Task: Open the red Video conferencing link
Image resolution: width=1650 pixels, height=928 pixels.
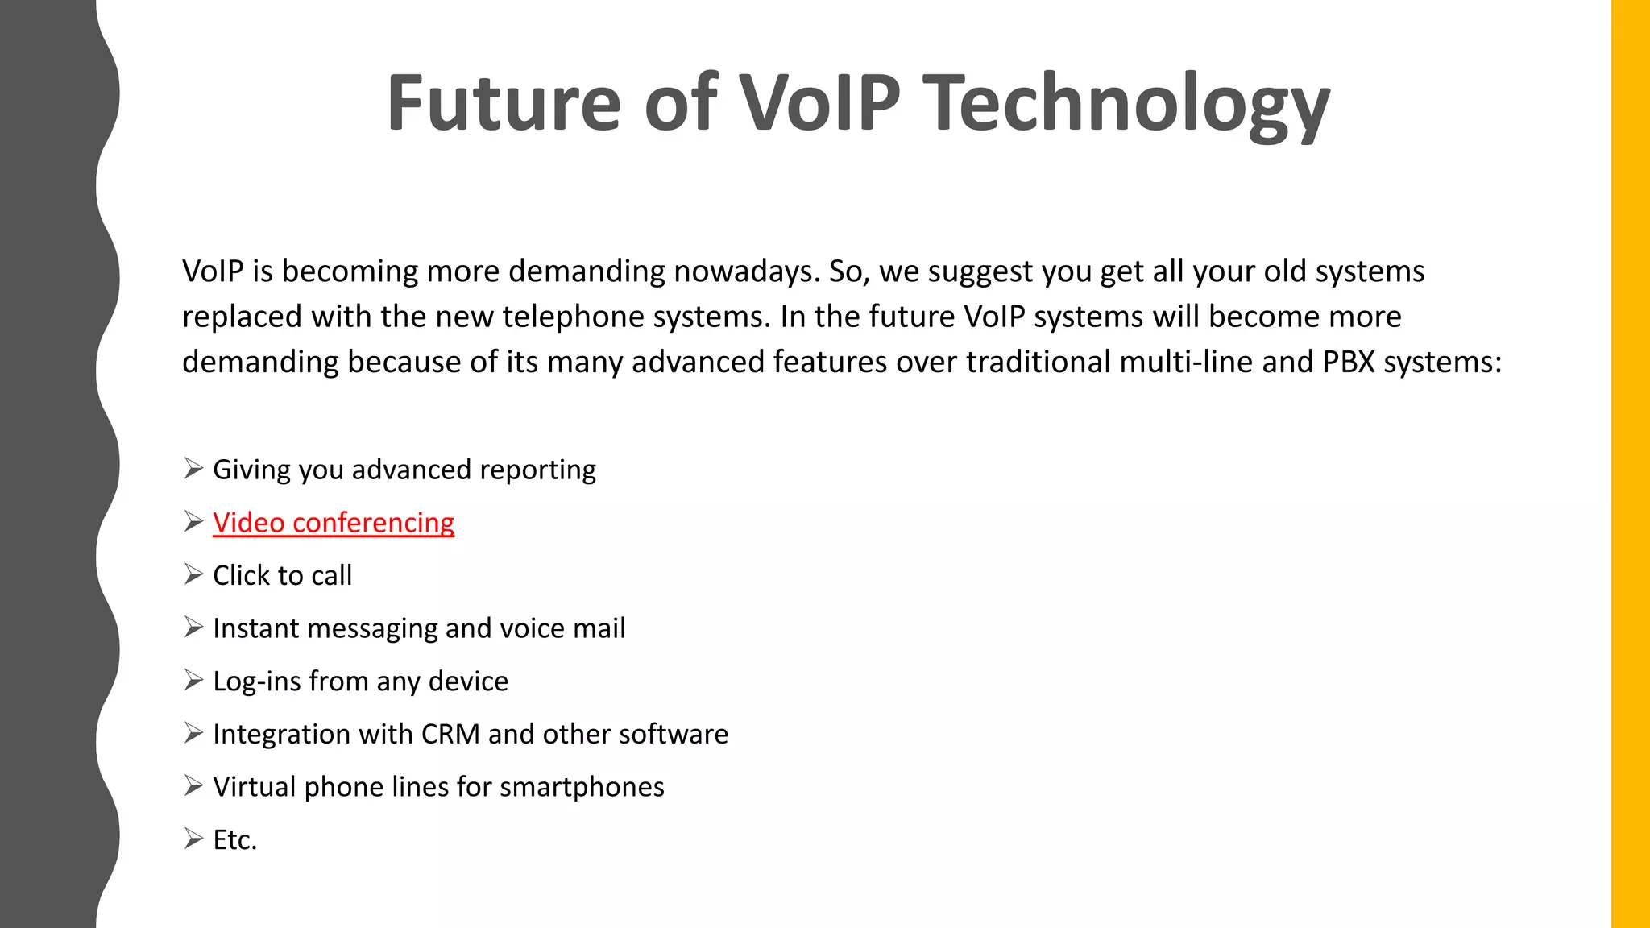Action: click(x=334, y=523)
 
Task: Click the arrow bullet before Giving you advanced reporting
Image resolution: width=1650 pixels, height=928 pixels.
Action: click(x=193, y=468)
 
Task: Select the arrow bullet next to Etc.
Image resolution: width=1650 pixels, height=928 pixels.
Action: click(x=193, y=839)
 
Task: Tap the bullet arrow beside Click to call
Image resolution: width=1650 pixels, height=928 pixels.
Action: click(x=193, y=574)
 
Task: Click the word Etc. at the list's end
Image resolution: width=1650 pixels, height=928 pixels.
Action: click(x=234, y=840)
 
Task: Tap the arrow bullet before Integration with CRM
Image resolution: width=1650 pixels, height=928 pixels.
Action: click(x=193, y=733)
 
